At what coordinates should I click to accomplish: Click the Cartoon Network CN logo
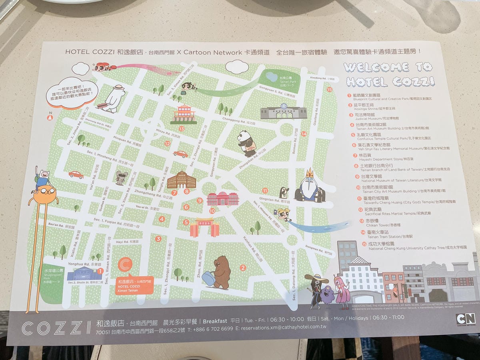pyautogui.click(x=465, y=319)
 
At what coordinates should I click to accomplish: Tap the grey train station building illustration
pyautogui.click(x=284, y=112)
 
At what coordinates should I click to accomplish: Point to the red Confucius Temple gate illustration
pyautogui.click(x=204, y=227)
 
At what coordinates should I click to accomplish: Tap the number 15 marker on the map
pyautogui.click(x=330, y=90)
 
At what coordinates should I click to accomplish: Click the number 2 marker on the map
pyautogui.click(x=243, y=268)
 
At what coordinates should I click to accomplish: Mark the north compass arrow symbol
pyautogui.click(x=50, y=117)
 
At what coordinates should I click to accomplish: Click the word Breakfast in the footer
pyautogui.click(x=215, y=321)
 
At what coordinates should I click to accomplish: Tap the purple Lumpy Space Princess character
pyautogui.click(x=327, y=296)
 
